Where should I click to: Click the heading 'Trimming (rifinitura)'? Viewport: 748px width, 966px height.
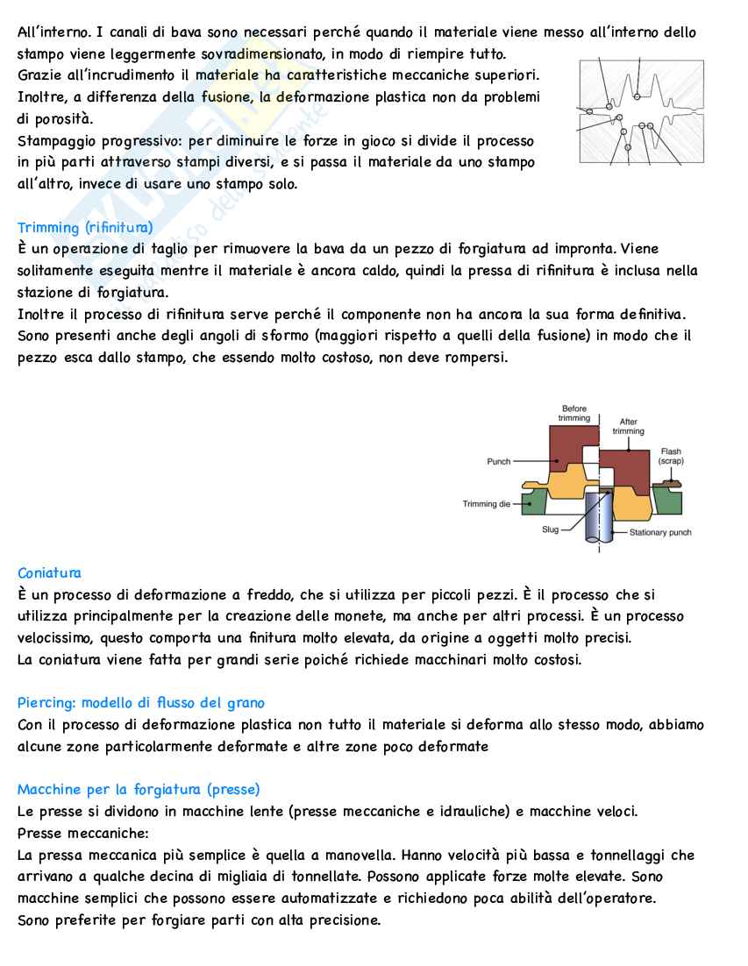85,228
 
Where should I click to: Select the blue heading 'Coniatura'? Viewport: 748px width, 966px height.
49,573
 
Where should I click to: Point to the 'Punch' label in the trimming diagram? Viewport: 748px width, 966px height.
498,462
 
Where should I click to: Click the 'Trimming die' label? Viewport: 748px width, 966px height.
486,504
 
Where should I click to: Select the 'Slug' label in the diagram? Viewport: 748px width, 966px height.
551,530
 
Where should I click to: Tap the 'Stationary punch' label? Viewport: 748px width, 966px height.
660,532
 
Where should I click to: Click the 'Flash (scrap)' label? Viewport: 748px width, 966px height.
671,456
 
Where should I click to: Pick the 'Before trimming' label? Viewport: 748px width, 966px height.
574,414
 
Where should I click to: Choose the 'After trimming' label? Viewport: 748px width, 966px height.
628,427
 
